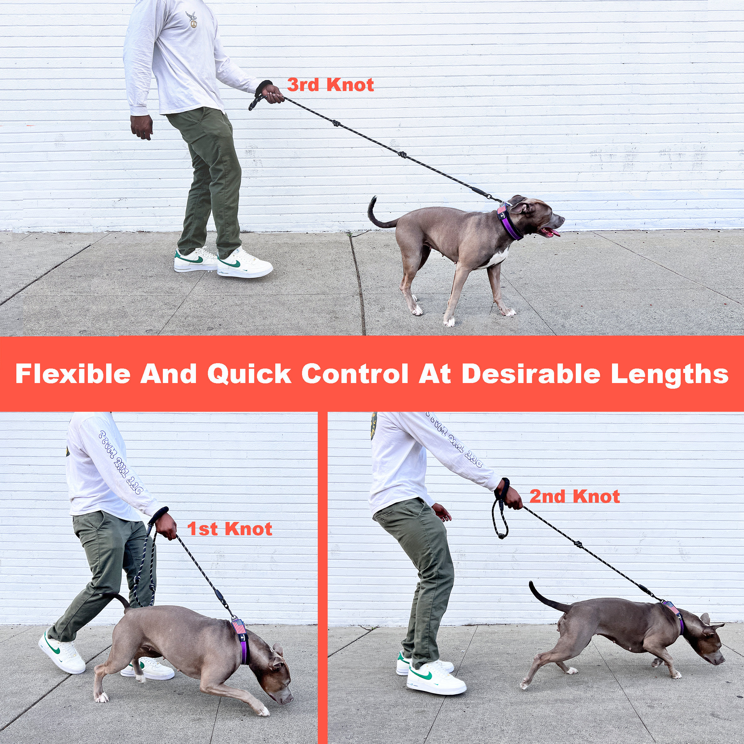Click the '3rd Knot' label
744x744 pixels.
point(330,85)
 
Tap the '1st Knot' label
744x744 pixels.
point(230,529)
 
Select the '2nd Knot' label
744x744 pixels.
point(575,496)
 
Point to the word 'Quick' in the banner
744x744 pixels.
point(249,374)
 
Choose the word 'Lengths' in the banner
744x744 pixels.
point(670,374)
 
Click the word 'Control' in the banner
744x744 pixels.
point(355,374)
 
